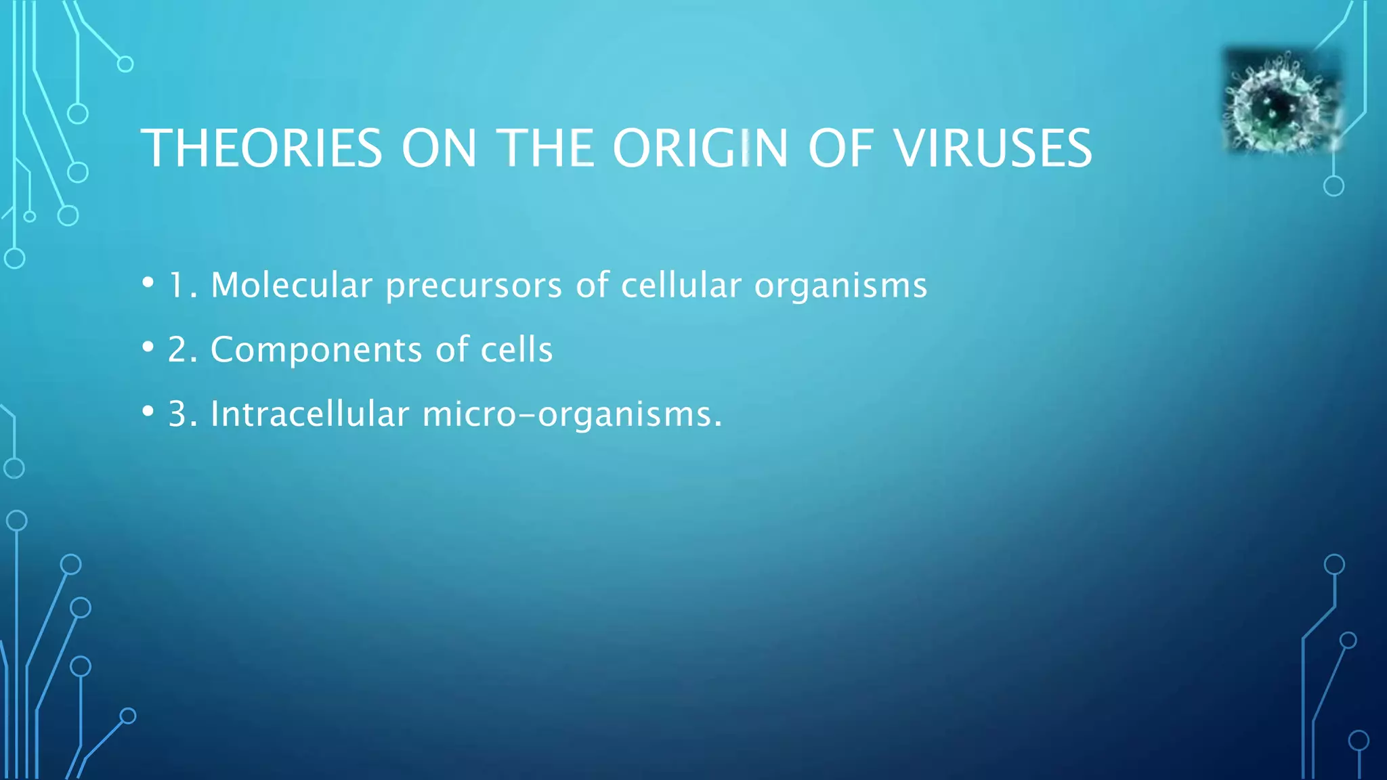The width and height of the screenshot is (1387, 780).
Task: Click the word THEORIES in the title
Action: click(261, 148)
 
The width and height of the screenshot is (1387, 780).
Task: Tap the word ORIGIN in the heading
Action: click(700, 148)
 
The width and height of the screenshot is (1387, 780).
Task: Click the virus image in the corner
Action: click(1281, 102)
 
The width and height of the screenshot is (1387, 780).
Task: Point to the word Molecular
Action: click(291, 284)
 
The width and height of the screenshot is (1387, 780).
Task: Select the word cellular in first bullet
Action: click(681, 284)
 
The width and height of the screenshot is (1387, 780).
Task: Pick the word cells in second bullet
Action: click(517, 349)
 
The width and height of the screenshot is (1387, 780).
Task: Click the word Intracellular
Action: click(310, 413)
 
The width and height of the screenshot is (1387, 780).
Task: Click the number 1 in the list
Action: click(177, 285)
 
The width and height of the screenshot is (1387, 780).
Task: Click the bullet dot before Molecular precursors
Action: click(148, 282)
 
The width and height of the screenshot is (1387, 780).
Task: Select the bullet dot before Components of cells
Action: click(148, 347)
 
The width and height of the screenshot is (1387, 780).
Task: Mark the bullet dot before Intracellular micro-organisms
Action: click(148, 411)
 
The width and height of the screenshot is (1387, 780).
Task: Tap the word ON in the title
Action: click(440, 148)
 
